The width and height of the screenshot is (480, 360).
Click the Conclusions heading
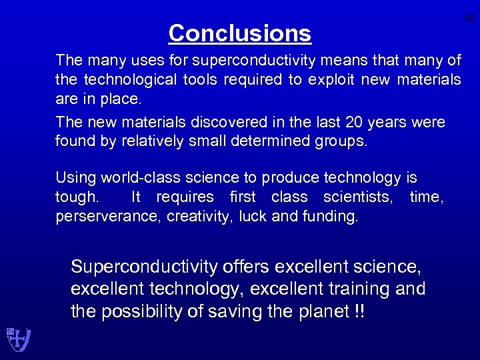click(239, 33)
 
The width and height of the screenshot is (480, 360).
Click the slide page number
click(470, 19)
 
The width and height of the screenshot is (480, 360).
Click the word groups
click(343, 142)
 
